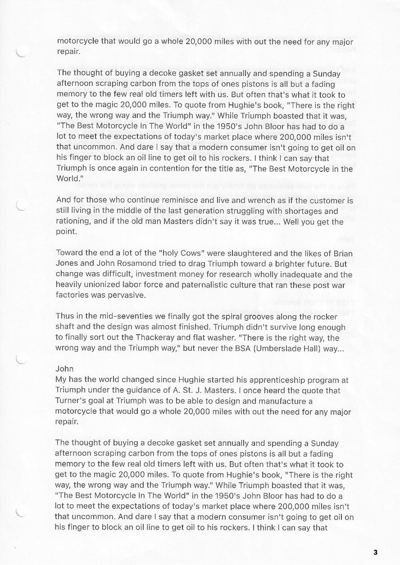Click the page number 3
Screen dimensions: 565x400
click(375, 552)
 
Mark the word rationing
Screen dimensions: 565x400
click(74, 221)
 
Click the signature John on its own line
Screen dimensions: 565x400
click(64, 369)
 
